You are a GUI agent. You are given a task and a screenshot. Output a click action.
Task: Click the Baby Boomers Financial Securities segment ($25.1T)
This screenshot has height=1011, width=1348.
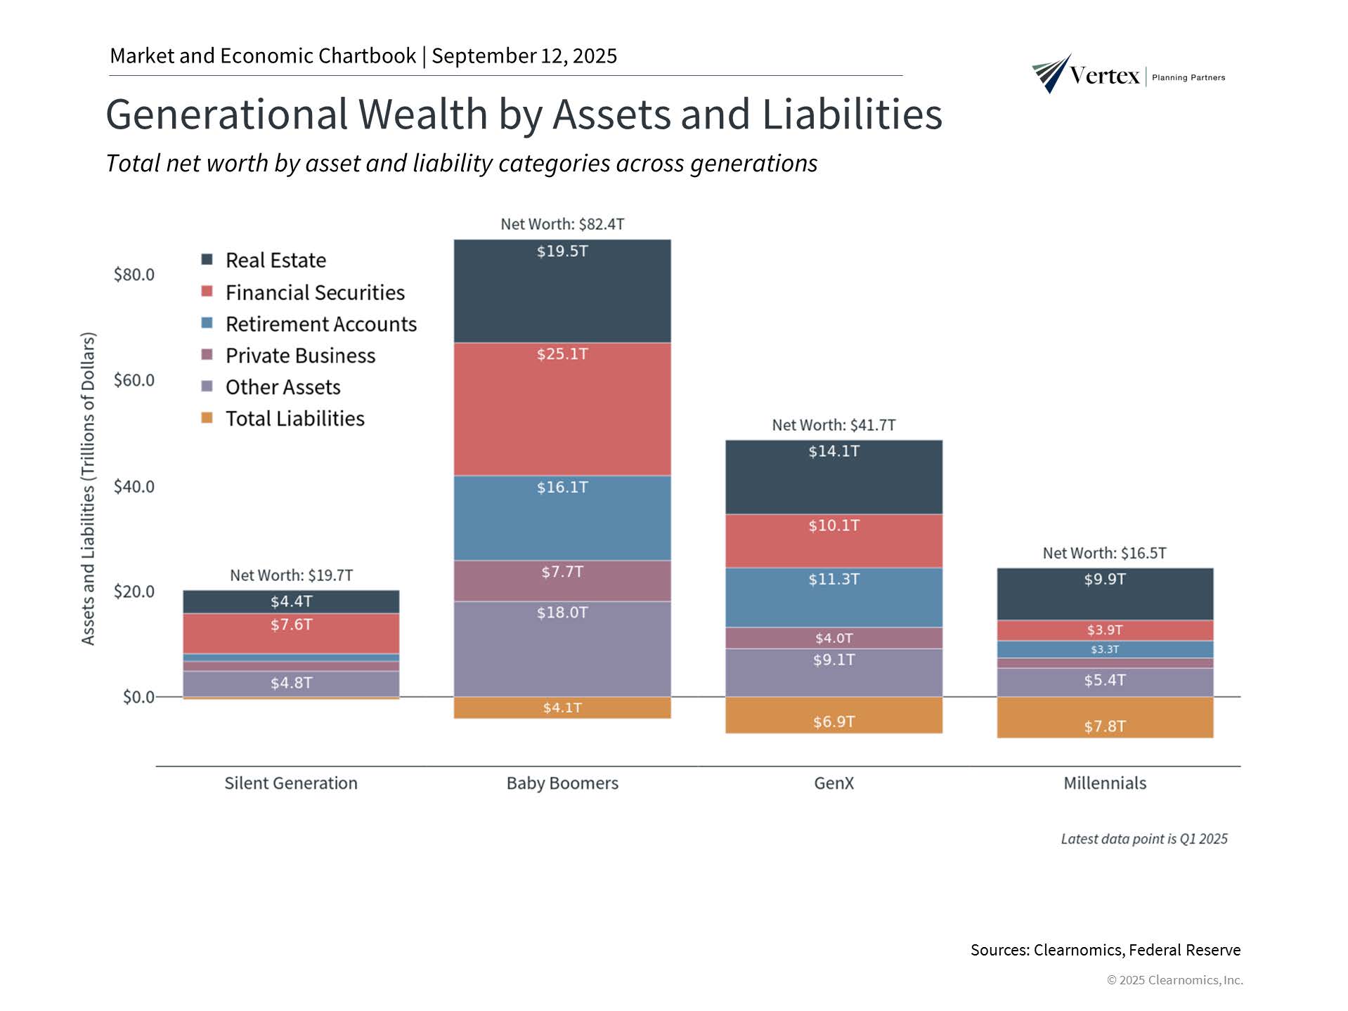click(x=562, y=409)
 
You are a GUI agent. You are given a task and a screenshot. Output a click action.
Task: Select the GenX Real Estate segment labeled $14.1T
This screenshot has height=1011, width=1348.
click(x=834, y=477)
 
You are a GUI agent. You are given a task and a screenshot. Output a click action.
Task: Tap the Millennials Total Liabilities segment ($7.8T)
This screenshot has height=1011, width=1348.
click(x=1104, y=717)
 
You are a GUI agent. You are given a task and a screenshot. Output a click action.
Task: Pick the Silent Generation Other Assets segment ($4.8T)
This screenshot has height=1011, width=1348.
click(x=291, y=684)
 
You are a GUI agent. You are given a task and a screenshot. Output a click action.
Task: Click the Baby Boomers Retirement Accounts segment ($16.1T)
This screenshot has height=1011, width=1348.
click(x=562, y=518)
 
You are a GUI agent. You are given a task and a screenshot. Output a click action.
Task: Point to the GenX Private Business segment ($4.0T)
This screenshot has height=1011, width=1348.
click(x=834, y=638)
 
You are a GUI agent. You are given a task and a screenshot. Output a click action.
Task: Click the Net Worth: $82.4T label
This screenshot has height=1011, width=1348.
click(x=562, y=224)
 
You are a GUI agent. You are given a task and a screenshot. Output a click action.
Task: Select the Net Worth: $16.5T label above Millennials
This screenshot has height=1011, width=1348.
click(x=1104, y=553)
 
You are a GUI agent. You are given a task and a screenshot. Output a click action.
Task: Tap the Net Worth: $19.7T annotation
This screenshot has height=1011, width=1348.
click(x=291, y=575)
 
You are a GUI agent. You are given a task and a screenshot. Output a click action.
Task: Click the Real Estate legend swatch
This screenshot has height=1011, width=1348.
click(x=207, y=260)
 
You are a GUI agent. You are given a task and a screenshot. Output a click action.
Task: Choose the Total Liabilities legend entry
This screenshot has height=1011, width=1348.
click(x=294, y=419)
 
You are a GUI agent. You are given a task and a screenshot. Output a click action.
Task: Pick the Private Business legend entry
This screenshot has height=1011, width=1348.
click(x=300, y=356)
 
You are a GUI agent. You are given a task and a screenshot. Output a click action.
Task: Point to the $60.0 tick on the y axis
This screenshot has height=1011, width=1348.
click(x=134, y=380)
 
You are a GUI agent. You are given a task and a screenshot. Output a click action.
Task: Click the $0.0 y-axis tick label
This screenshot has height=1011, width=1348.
click(x=138, y=697)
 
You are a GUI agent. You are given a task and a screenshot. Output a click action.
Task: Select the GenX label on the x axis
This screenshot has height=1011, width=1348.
click(x=834, y=783)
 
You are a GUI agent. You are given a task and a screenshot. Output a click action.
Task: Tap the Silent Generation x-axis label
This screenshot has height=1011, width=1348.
click(x=291, y=783)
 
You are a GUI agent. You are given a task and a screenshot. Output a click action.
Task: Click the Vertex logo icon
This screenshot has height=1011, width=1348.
click(x=1051, y=73)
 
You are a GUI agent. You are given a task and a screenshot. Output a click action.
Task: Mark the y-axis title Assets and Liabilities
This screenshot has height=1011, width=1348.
click(x=88, y=488)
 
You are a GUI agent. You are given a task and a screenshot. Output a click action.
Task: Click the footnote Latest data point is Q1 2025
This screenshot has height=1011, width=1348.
click(x=1143, y=839)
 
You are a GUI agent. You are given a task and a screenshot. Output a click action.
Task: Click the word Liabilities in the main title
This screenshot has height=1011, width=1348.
click(x=852, y=114)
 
